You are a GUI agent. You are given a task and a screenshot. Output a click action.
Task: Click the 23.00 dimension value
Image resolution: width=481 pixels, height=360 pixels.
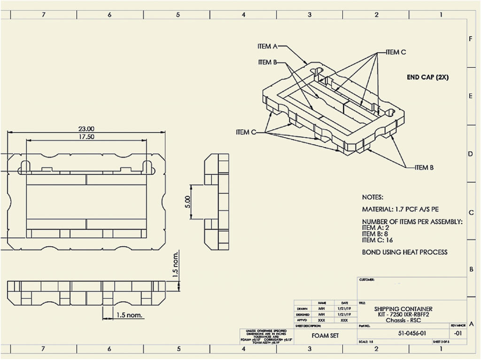[x=86, y=129]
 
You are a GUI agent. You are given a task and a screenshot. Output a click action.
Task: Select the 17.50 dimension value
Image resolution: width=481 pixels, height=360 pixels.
[x=86, y=137]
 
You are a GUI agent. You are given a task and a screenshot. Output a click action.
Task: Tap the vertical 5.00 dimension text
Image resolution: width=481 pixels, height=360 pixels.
[x=187, y=202]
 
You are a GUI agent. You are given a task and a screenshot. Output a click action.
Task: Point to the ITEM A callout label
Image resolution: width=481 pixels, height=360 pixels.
[x=268, y=46]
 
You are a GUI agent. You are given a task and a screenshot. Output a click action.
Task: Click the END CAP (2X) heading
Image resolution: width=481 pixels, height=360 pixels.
[x=427, y=78]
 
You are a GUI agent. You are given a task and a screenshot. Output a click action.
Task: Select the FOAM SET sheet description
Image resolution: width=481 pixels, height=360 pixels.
[x=326, y=336]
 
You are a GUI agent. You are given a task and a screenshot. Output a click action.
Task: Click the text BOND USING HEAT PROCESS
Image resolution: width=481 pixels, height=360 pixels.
[x=404, y=252]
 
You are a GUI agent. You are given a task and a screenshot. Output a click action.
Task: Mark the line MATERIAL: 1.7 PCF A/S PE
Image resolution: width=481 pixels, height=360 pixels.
[x=400, y=209]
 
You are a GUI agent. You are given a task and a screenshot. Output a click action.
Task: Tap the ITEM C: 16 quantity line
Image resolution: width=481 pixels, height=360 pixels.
[x=378, y=240]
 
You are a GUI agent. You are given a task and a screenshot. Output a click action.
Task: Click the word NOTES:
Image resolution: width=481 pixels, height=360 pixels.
[x=372, y=197]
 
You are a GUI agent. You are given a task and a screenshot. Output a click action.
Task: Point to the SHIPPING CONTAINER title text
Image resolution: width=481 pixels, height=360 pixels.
[x=403, y=309]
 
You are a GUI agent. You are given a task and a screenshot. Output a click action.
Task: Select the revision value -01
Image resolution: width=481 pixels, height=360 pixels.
[x=458, y=333]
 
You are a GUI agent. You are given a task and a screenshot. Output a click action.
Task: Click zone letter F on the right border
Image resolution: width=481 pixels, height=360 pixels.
[x=471, y=39]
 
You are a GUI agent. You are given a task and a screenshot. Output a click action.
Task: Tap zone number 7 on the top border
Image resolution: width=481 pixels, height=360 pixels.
[x=44, y=15]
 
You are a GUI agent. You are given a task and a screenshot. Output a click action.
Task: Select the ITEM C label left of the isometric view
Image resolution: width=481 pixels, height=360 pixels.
[x=246, y=133]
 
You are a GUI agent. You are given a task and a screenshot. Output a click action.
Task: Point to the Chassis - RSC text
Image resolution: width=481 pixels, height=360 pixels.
[x=403, y=321]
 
